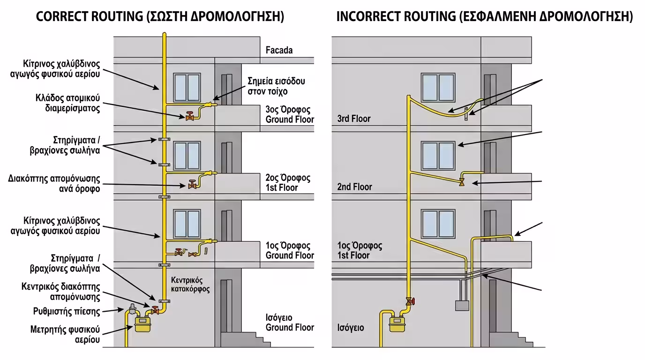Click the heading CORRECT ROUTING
89,17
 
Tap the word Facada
279,50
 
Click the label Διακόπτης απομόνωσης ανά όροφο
54,184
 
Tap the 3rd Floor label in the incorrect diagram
354,119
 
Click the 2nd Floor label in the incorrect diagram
354,187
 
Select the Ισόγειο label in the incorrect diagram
351,328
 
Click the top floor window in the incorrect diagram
438,88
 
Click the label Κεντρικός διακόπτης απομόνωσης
61,292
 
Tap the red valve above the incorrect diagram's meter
411,301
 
